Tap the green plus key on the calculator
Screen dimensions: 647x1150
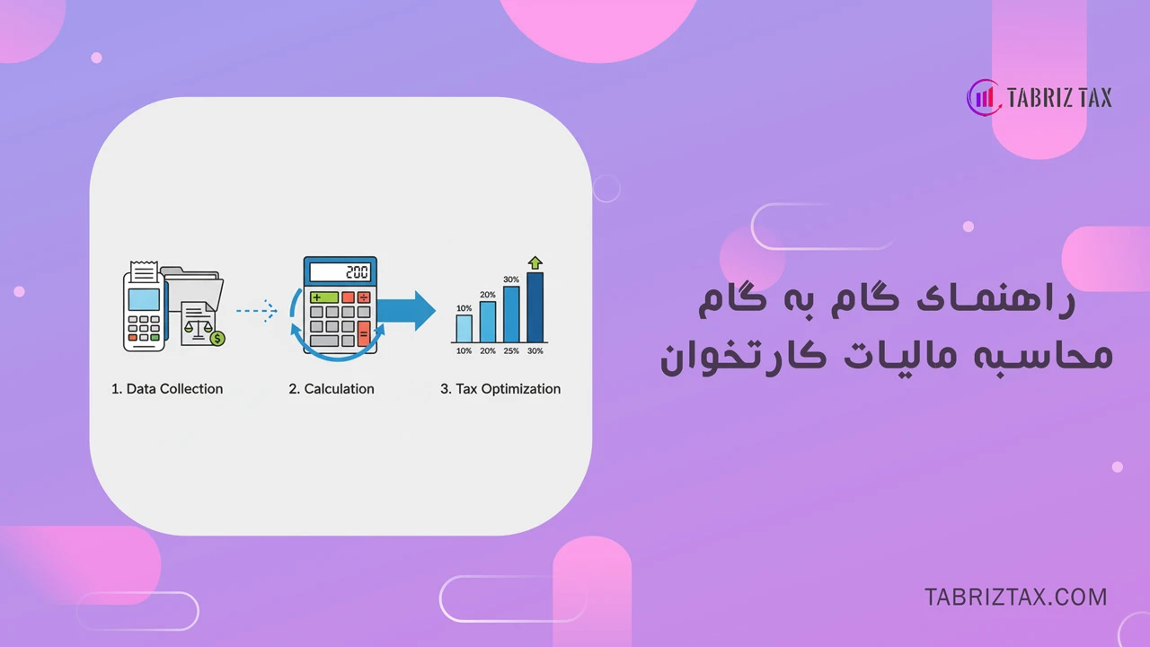point(323,297)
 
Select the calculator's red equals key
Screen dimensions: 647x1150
point(364,333)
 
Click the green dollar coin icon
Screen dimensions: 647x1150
point(217,338)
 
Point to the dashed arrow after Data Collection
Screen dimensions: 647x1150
point(257,311)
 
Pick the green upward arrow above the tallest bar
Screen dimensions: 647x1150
point(535,262)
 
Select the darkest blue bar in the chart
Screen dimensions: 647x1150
point(535,307)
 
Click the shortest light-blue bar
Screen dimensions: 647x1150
point(464,328)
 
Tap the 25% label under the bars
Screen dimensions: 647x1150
point(511,350)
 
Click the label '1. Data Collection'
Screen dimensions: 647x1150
point(167,389)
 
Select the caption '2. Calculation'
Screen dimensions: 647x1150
point(332,389)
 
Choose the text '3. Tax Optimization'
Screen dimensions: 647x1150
point(500,389)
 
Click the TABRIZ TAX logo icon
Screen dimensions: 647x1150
point(984,98)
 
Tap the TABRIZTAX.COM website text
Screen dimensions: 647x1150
point(1015,597)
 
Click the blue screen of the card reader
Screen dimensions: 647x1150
point(144,299)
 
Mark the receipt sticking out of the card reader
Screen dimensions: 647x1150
point(143,272)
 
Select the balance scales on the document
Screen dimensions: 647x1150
point(195,331)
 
